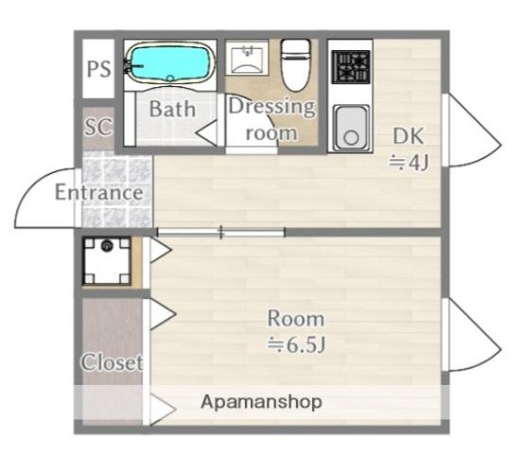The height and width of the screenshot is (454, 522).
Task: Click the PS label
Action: click(98, 69)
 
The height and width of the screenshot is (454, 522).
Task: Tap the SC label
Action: click(98, 126)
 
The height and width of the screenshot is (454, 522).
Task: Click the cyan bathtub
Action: click(170, 63)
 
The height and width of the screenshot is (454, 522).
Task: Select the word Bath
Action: click(172, 109)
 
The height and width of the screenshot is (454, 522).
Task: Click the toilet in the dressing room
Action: click(295, 65)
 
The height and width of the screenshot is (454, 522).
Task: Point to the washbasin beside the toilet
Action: click(247, 58)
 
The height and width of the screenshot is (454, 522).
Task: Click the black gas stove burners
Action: click(351, 66)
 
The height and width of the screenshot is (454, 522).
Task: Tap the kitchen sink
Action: click(351, 128)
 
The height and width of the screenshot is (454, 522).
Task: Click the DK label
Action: click(409, 136)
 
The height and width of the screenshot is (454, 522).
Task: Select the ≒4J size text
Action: click(409, 163)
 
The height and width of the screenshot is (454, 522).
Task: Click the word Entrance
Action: click(99, 192)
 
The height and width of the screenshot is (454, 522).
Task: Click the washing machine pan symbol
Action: click(107, 260)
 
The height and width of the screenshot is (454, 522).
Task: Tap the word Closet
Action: click(112, 361)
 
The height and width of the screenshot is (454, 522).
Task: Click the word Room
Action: click(296, 319)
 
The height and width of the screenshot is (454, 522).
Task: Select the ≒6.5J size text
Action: click(296, 344)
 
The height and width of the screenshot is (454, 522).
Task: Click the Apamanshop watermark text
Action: click(261, 402)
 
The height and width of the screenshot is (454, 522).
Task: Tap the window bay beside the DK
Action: click(471, 131)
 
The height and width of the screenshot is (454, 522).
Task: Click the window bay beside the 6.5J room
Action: click(471, 335)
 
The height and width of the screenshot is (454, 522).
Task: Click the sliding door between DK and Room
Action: click(221, 232)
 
